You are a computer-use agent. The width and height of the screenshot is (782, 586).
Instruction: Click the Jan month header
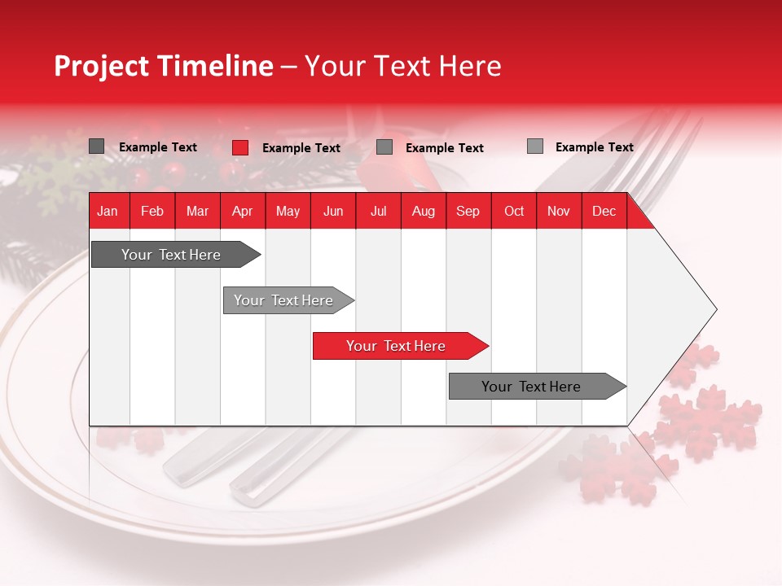click(x=108, y=211)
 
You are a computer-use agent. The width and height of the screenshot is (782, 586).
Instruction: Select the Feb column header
click(x=152, y=211)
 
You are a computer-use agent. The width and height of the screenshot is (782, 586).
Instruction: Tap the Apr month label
click(x=243, y=211)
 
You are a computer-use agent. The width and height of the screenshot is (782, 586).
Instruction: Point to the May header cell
click(x=288, y=211)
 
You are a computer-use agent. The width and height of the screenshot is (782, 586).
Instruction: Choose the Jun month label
click(x=333, y=211)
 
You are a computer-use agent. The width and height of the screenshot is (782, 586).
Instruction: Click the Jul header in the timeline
click(x=379, y=211)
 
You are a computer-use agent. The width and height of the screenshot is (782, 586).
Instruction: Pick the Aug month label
click(x=424, y=211)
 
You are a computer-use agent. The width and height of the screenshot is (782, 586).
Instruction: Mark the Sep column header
click(x=468, y=211)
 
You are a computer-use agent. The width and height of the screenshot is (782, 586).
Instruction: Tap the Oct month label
click(x=514, y=211)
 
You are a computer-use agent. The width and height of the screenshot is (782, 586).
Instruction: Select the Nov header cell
click(x=559, y=211)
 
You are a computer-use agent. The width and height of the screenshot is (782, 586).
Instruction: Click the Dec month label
click(x=604, y=211)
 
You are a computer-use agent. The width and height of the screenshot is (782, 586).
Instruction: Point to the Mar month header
click(x=197, y=211)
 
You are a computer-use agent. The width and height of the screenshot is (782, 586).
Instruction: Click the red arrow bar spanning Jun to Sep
click(x=401, y=346)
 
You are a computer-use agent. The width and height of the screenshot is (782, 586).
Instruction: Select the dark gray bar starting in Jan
click(x=176, y=254)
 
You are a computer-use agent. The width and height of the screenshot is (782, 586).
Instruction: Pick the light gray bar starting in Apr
click(x=288, y=300)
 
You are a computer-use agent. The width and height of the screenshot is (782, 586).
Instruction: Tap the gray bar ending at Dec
click(x=538, y=386)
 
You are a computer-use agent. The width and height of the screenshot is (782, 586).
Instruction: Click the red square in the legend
click(x=240, y=147)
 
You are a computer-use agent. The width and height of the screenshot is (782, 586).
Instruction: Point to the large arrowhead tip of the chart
click(x=717, y=309)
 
